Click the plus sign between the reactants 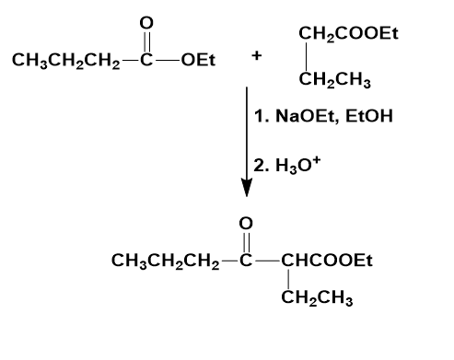tap(257, 56)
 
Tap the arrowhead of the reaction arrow tap(247, 187)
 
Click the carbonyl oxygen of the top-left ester tap(146, 23)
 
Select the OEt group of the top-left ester tap(198, 60)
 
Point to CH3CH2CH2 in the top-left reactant tap(66, 61)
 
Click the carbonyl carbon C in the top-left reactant tap(146, 60)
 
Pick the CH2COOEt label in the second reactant tap(348, 33)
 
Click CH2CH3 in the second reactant tap(335, 80)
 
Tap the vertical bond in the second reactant tap(306, 57)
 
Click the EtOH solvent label tap(369, 116)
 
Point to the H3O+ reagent tap(298, 165)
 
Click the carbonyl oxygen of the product tap(246, 224)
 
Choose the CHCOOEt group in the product tap(327, 261)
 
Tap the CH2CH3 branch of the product tap(317, 298)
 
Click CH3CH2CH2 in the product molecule tap(166, 261)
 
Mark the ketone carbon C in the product tap(246, 261)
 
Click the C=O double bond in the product tap(246, 242)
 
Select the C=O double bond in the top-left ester tap(146, 41)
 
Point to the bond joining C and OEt tap(168, 60)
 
